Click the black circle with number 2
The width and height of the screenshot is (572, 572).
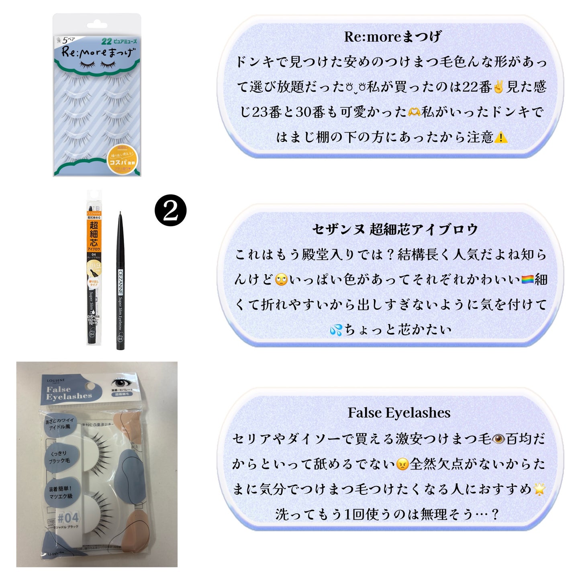(x=170, y=210)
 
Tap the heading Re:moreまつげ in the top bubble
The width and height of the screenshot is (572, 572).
(x=392, y=37)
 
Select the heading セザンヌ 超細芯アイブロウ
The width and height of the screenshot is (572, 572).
(x=395, y=229)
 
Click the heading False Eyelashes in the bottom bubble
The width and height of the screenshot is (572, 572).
(x=399, y=413)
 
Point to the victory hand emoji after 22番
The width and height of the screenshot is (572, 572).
(x=498, y=87)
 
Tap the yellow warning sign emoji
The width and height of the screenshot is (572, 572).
(x=500, y=138)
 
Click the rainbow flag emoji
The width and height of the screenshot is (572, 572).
(x=527, y=279)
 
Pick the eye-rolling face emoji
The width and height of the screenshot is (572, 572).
(x=281, y=280)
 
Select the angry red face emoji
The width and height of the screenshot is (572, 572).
(x=402, y=464)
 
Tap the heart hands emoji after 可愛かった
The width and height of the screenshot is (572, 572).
(x=414, y=112)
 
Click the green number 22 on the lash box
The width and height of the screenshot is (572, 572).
(x=106, y=41)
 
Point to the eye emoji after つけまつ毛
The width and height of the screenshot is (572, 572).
(x=498, y=439)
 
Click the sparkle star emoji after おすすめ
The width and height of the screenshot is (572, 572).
(x=539, y=489)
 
